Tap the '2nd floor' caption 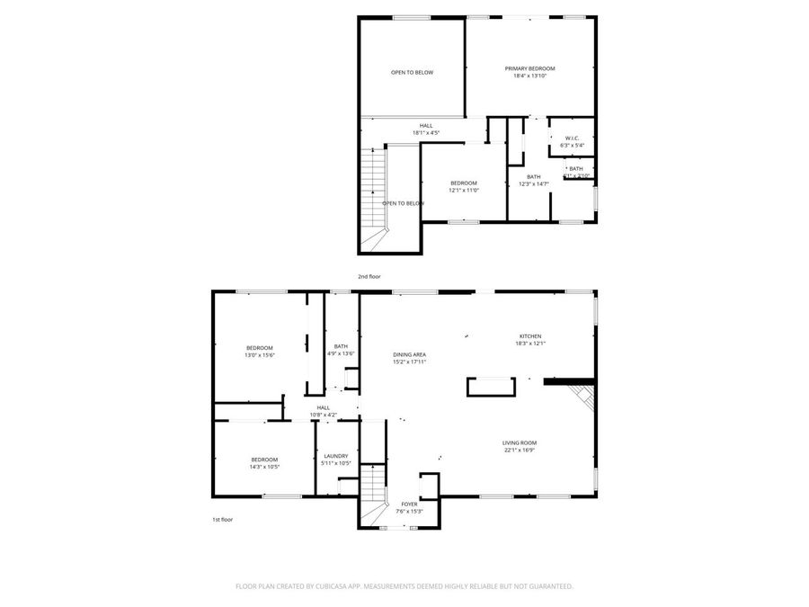369,277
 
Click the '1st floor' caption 222,520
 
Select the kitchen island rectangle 491,387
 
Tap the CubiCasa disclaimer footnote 404,585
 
